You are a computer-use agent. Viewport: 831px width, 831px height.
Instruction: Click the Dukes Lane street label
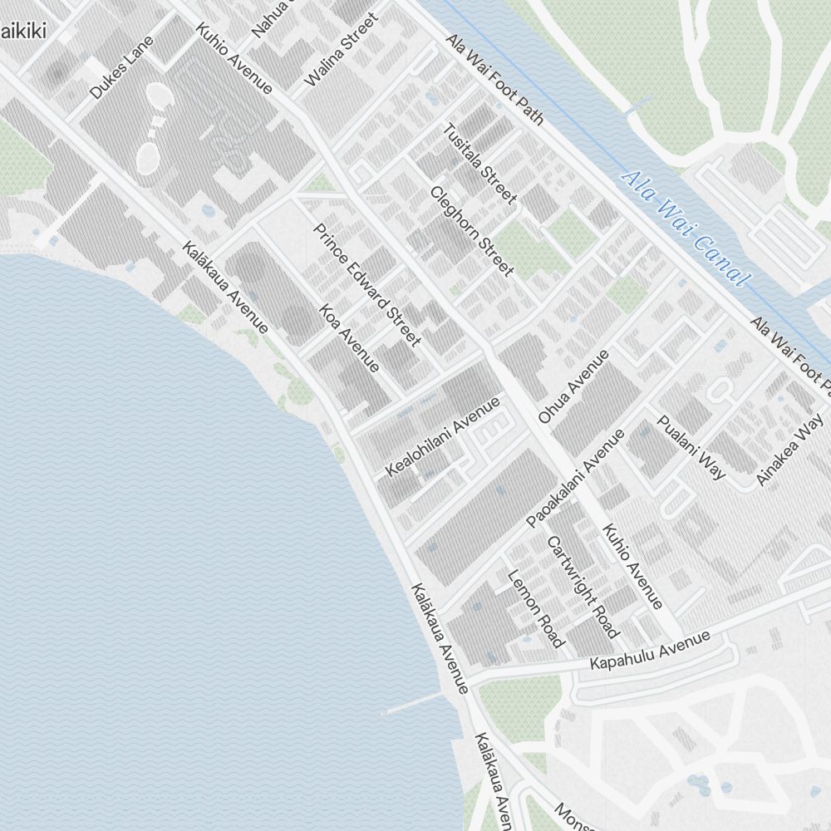click(x=122, y=68)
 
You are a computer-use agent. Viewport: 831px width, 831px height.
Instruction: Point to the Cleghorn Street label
click(x=471, y=230)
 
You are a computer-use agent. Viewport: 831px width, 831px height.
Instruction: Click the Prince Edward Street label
click(x=367, y=283)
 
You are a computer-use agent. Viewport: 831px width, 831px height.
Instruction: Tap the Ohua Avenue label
click(x=573, y=386)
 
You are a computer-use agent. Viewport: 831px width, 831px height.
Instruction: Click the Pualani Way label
click(x=691, y=446)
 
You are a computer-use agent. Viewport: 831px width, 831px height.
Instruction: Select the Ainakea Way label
click(x=789, y=455)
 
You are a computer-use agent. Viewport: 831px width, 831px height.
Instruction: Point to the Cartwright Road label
click(x=583, y=587)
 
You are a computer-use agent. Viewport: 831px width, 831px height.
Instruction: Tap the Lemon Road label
click(x=535, y=608)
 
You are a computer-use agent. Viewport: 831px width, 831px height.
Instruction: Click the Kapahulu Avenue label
click(x=651, y=651)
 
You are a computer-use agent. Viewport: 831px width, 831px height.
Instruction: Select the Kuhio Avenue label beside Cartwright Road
click(x=632, y=566)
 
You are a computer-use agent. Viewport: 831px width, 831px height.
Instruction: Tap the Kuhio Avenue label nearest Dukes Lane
click(x=234, y=57)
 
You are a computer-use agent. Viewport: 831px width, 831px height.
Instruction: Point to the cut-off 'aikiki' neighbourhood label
click(x=22, y=32)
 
